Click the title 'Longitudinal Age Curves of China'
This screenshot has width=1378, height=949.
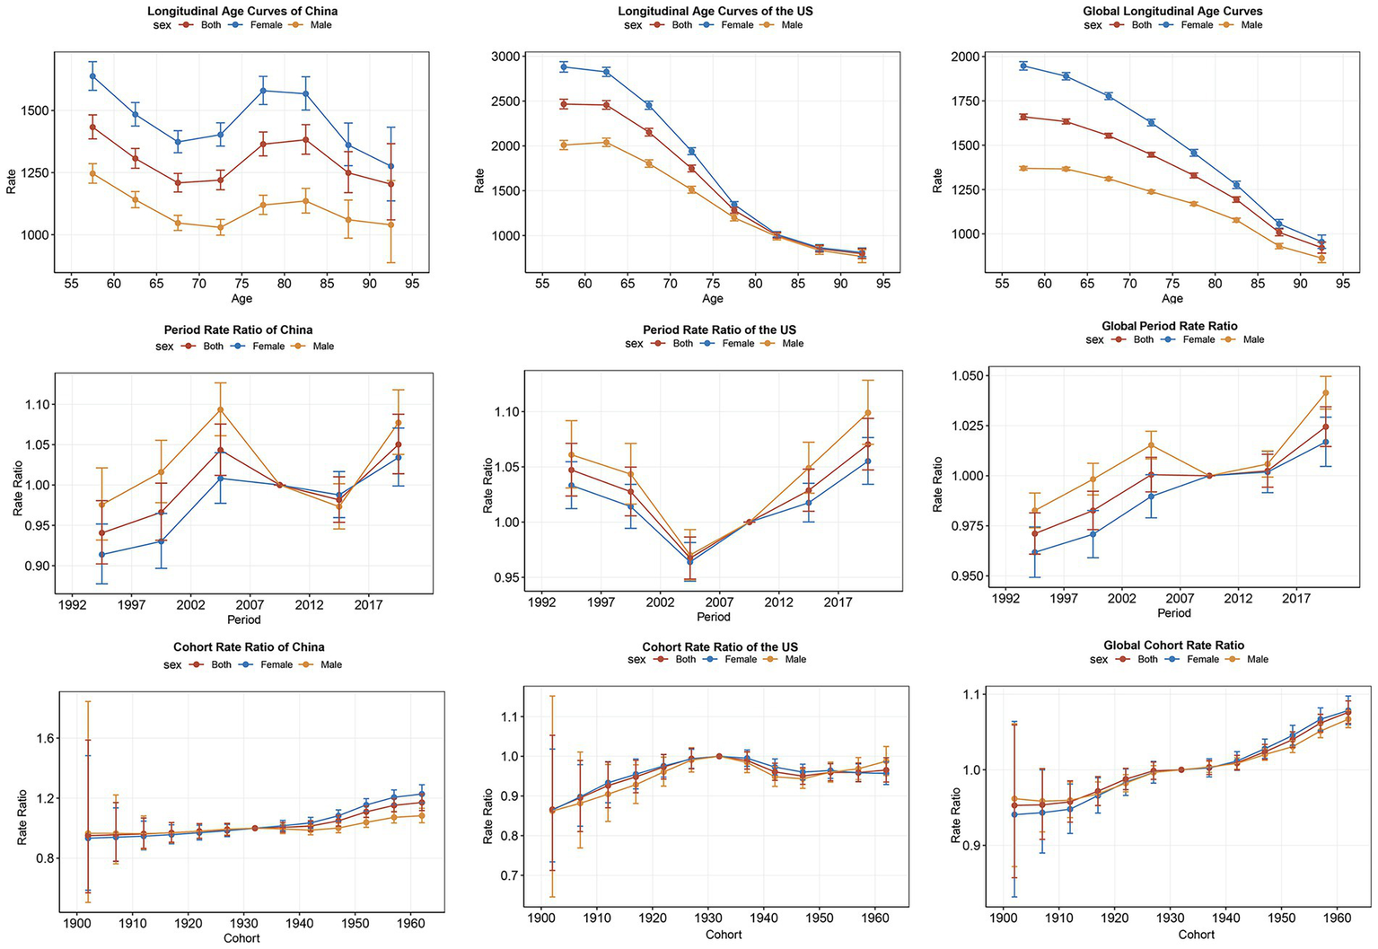coord(241,11)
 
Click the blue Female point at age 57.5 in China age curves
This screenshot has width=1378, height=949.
coord(92,76)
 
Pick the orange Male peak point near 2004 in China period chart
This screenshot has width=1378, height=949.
coord(220,409)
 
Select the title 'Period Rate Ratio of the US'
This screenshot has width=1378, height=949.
coord(719,330)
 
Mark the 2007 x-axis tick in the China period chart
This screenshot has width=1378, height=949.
coord(250,605)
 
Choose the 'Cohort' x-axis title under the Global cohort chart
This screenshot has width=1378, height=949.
coord(1196,935)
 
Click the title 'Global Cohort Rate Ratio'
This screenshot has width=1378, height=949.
coord(1173,645)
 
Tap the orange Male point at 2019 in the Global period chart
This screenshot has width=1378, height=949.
coord(1325,392)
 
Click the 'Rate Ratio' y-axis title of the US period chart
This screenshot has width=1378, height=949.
coord(487,485)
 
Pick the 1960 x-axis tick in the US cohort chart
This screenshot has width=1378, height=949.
coord(875,918)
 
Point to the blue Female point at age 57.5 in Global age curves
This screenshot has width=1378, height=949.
coord(1023,66)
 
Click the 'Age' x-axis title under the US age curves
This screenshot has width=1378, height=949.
coord(712,298)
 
